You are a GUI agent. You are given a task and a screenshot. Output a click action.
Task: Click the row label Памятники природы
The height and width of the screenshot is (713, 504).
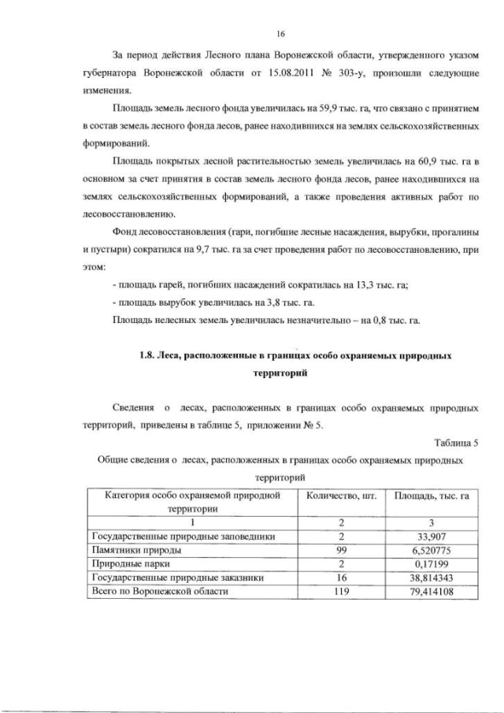pyautogui.click(x=139, y=550)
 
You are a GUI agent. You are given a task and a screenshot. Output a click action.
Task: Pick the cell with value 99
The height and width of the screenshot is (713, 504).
pyautogui.click(x=341, y=550)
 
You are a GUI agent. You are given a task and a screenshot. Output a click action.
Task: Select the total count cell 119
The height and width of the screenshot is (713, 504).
pyautogui.click(x=341, y=591)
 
